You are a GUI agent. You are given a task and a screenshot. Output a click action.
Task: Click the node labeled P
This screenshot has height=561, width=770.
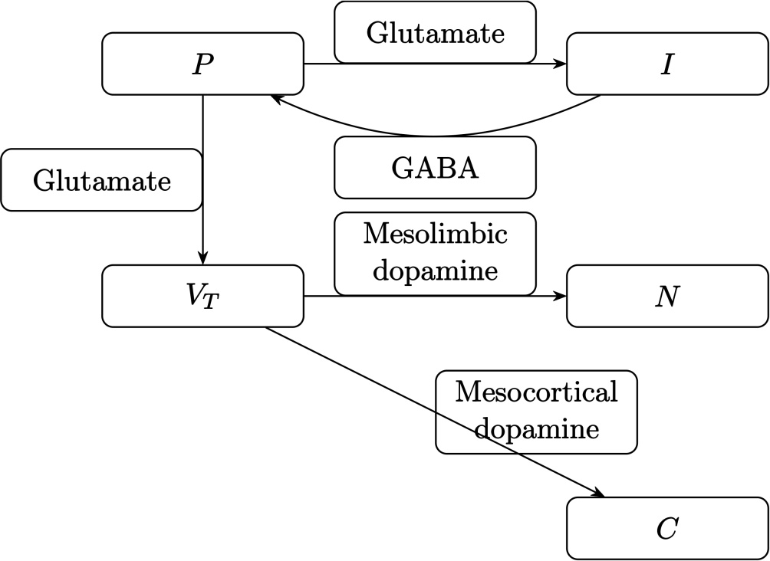(x=202, y=64)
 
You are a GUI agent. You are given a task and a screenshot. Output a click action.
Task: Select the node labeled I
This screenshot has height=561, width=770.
(x=667, y=64)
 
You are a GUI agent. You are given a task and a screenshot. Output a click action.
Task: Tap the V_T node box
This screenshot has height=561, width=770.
(x=202, y=296)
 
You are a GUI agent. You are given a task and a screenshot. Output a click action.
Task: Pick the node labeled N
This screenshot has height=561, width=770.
(x=667, y=296)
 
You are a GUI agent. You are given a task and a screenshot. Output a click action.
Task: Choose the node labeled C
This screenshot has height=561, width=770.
(x=667, y=528)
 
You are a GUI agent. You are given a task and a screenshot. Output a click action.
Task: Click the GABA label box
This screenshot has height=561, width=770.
(x=435, y=167)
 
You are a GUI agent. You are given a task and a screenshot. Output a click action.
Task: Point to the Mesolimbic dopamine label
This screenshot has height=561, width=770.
(x=435, y=254)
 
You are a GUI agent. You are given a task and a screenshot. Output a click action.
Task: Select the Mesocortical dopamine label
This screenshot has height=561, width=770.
(x=536, y=412)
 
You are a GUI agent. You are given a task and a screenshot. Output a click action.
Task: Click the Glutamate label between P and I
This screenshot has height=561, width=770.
(x=435, y=32)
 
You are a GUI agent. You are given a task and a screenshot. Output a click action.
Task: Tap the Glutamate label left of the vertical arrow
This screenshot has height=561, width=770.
(x=102, y=180)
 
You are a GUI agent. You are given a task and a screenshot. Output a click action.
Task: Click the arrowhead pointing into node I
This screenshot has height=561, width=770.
(x=561, y=64)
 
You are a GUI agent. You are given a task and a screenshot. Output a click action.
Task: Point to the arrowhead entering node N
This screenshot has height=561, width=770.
(x=561, y=296)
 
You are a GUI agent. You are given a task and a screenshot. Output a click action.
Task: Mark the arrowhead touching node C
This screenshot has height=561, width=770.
(x=598, y=493)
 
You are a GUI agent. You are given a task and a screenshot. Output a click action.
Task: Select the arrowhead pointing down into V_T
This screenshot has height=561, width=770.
(x=202, y=259)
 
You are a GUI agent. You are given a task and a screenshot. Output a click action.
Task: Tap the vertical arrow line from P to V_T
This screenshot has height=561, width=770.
(x=202, y=179)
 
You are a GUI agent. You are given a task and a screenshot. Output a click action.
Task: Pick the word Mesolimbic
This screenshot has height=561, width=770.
(x=435, y=234)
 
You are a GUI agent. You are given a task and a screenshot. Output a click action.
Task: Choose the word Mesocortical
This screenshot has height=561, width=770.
(x=536, y=392)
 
